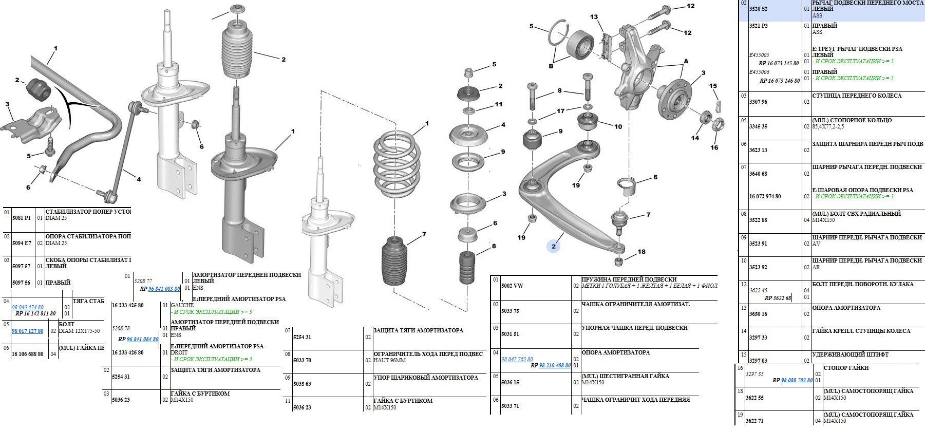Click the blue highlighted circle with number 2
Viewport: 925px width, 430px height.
pyautogui.click(x=553, y=247)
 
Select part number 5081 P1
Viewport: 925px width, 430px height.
pyautogui.click(x=21, y=218)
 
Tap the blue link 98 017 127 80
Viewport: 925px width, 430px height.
pyautogui.click(x=27, y=331)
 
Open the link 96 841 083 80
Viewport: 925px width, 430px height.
pyautogui.click(x=164, y=289)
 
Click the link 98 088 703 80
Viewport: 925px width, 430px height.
pyautogui.click(x=797, y=380)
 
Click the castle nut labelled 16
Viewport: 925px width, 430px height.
pyautogui.click(x=719, y=124)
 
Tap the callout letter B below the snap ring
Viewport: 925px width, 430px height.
pyautogui.click(x=551, y=65)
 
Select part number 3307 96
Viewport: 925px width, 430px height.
pyautogui.click(x=758, y=102)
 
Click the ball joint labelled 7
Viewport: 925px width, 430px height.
pyautogui.click(x=621, y=219)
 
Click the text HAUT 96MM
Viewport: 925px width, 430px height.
pyautogui.click(x=390, y=360)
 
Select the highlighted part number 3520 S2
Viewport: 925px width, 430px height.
pyautogui.click(x=758, y=9)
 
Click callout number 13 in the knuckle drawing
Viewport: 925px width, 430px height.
pyautogui.click(x=594, y=17)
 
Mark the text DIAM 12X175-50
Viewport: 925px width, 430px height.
pyautogui.click(x=79, y=331)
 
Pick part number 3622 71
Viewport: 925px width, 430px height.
pyautogui.click(x=754, y=421)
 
